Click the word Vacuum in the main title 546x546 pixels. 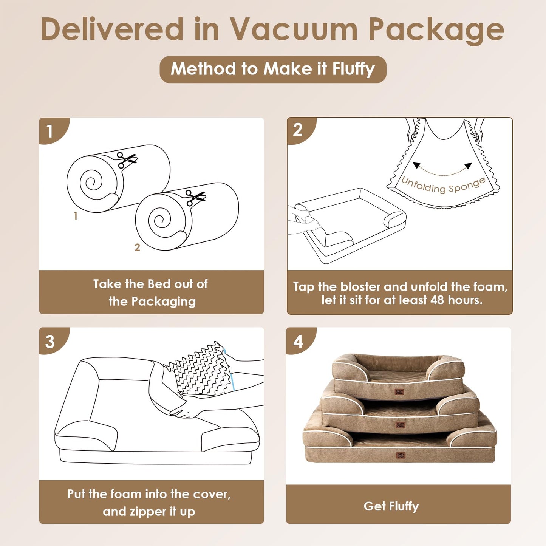click(x=294, y=29)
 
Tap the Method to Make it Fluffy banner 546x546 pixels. click(x=273, y=69)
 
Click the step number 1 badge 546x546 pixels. click(x=49, y=131)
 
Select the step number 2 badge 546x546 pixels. click(x=298, y=130)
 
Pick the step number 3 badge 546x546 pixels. click(x=50, y=341)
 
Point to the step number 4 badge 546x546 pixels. click(x=298, y=341)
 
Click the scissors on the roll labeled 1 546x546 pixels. click(x=126, y=159)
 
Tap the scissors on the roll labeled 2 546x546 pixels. click(x=195, y=197)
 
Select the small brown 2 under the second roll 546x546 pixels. click(x=137, y=247)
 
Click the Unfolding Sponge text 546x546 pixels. click(x=443, y=185)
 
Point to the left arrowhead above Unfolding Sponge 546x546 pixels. click(x=416, y=165)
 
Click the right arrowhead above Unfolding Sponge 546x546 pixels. click(x=468, y=166)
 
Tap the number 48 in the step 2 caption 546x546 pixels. click(x=437, y=300)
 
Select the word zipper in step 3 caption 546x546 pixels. click(x=148, y=512)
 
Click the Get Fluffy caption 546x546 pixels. click(x=391, y=506)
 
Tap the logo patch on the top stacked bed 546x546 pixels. click(x=399, y=392)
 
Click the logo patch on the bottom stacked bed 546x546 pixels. click(x=401, y=456)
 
